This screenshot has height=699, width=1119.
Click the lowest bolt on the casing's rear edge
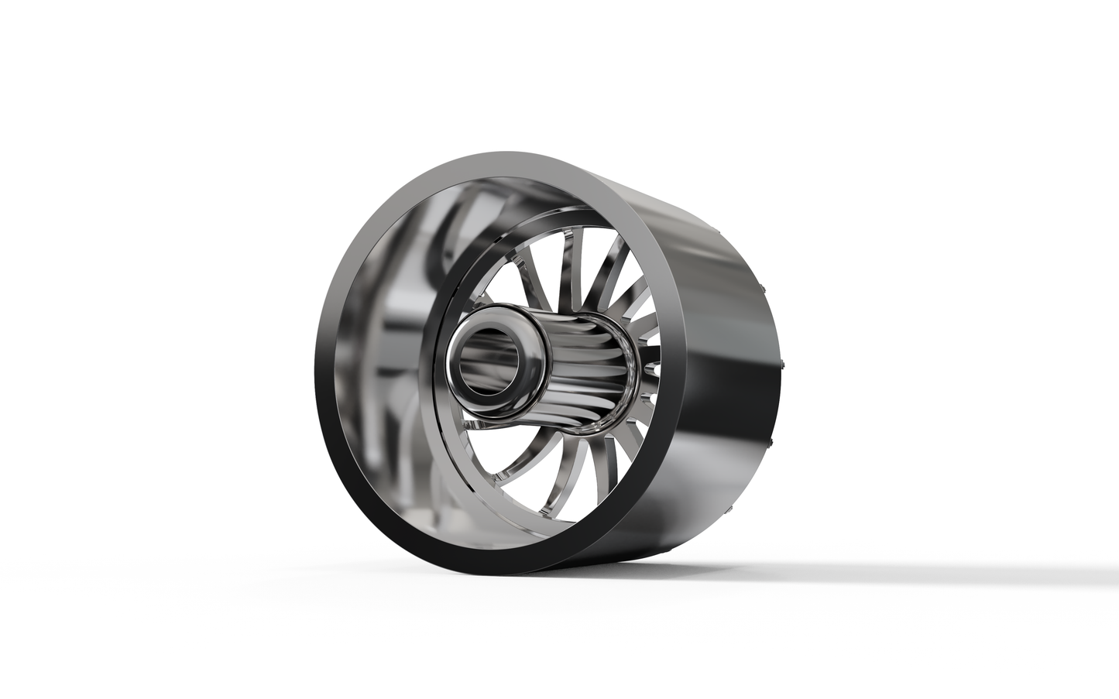(x=729, y=511)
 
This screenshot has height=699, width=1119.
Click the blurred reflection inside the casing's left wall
(x=387, y=325)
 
